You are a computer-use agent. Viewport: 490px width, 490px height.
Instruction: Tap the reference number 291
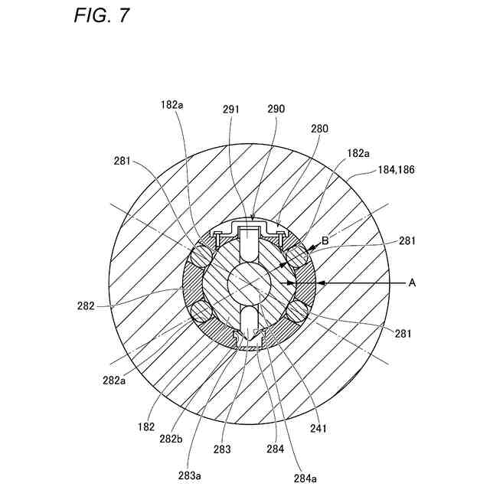click(232, 109)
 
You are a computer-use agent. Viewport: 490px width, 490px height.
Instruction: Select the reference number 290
click(276, 109)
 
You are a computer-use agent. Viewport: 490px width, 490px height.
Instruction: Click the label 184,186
click(395, 171)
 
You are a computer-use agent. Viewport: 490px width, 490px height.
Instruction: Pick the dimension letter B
click(325, 240)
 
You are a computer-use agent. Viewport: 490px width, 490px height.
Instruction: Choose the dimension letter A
click(411, 283)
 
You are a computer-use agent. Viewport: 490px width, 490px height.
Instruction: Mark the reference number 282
click(86, 305)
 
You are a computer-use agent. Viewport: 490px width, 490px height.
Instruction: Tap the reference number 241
click(317, 429)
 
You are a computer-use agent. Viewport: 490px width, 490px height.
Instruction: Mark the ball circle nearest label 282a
click(201, 311)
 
